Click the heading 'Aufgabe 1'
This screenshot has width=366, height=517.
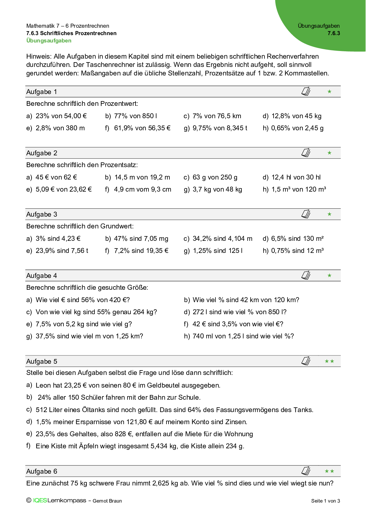42,92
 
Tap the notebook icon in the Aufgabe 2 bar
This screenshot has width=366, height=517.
306,153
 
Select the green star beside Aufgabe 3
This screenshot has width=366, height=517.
329,214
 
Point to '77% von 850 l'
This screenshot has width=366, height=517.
135,116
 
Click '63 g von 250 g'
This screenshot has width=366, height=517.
215,177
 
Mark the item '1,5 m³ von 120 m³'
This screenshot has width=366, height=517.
298,189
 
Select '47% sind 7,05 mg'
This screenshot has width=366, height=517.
141,238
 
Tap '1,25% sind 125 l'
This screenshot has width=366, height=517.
218,251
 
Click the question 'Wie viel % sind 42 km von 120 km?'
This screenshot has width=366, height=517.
246,300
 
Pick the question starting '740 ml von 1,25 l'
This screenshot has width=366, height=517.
243,336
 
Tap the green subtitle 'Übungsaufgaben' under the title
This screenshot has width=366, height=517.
49,41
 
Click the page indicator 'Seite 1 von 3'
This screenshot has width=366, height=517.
325,501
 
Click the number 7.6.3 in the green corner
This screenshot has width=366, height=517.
334,33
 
